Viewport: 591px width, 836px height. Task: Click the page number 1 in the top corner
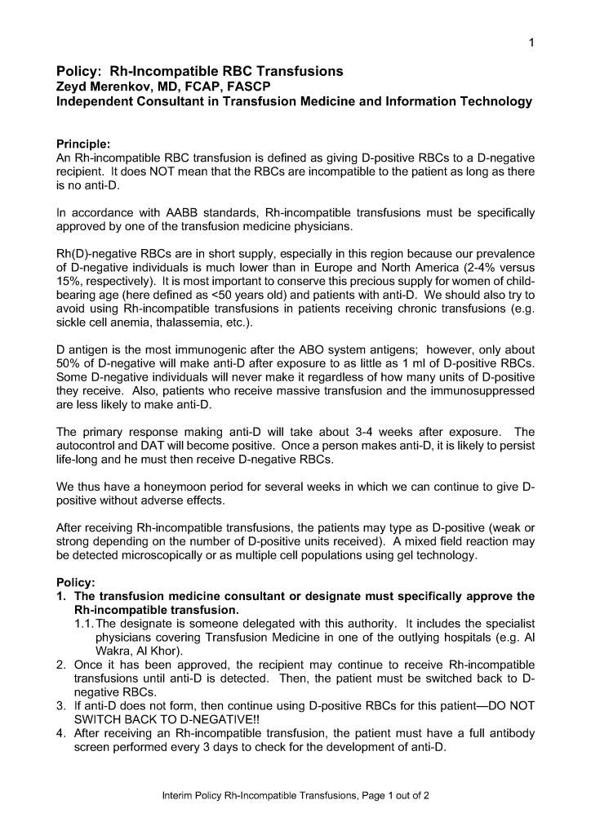tap(531, 42)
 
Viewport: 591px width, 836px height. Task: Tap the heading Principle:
tap(82, 144)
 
